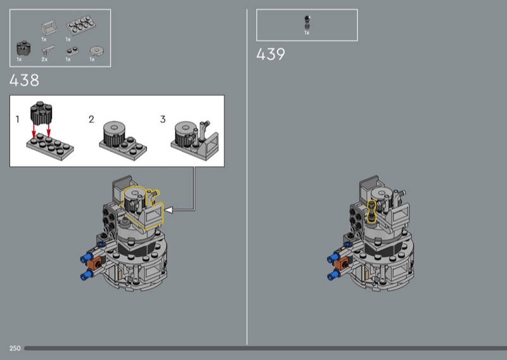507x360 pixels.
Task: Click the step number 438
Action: (x=24, y=80)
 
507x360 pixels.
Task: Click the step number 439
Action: (x=271, y=54)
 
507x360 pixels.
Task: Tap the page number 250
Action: (x=15, y=348)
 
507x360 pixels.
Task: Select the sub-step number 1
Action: (x=18, y=119)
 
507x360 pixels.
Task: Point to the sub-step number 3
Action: (x=163, y=119)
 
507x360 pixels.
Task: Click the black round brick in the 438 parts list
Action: (x=23, y=48)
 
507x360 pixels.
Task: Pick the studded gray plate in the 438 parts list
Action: (x=80, y=25)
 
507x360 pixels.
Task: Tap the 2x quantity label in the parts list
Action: (x=44, y=60)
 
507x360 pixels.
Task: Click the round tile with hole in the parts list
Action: (x=96, y=51)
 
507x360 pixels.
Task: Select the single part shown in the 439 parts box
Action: (x=307, y=22)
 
